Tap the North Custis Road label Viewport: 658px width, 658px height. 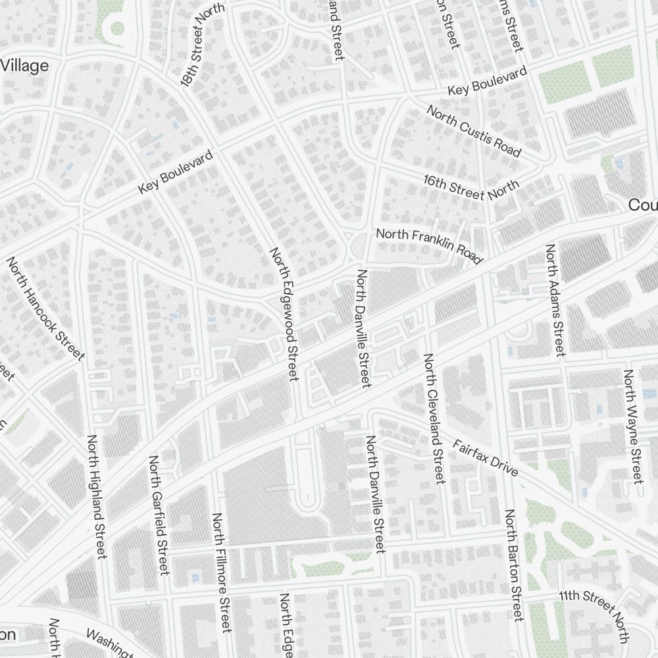474,131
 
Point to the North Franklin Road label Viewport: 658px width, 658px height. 429,246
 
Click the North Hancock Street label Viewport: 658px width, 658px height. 46,308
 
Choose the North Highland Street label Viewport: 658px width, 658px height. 96,497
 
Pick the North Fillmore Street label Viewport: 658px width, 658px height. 221,572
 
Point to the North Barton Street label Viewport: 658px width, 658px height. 514,565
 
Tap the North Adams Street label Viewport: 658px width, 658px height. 555,300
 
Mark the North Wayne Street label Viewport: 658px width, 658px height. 632,426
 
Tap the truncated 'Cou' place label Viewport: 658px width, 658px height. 643,205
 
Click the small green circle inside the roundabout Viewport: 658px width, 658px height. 117,28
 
